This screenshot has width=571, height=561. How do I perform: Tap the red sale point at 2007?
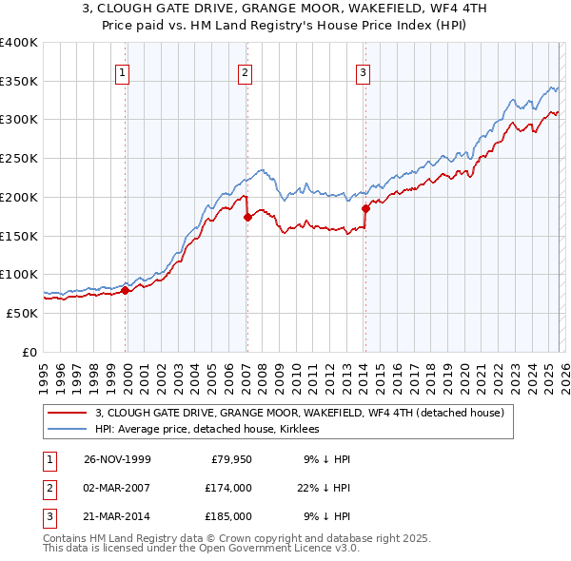click(x=247, y=217)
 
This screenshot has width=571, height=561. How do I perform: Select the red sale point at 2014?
click(x=365, y=208)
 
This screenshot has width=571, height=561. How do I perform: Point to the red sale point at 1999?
click(x=126, y=290)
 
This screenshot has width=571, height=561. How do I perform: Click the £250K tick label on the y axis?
click(x=19, y=159)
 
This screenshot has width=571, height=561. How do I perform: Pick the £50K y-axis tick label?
click(x=22, y=313)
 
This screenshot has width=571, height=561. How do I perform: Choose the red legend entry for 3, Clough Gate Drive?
click(x=305, y=413)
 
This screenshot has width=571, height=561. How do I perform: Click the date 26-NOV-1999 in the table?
click(x=117, y=459)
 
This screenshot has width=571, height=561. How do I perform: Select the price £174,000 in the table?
click(x=227, y=488)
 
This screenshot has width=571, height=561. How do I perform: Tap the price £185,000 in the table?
click(x=227, y=516)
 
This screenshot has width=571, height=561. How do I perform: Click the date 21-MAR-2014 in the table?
click(x=117, y=516)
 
